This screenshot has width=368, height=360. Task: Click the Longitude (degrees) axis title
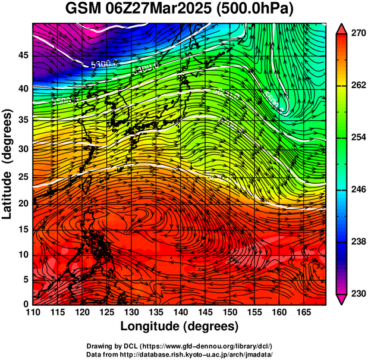pos(180,327)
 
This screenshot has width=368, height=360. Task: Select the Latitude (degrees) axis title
pos(8,164)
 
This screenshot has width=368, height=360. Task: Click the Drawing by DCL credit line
pos(180,346)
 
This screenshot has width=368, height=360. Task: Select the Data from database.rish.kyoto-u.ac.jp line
pos(180,354)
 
